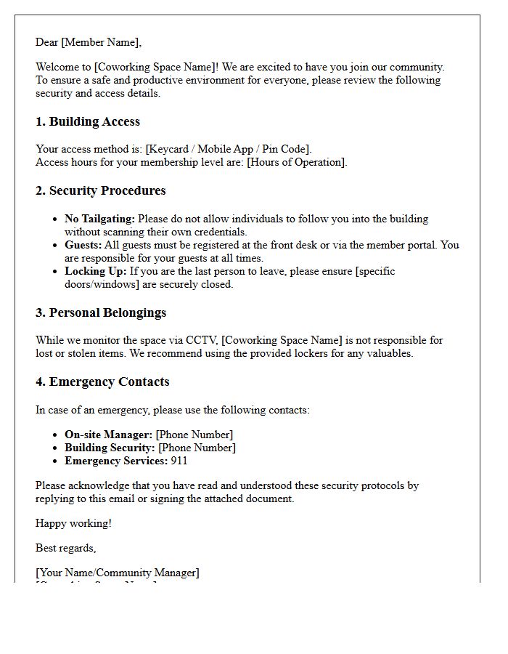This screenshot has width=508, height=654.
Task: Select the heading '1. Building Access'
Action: pos(88,121)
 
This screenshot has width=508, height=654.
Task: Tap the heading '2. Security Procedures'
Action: pos(101,190)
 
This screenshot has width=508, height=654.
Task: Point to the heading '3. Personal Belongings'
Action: pos(101,312)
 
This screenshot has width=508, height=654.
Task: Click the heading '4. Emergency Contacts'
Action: pos(102,381)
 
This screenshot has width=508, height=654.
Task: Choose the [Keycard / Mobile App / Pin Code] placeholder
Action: pos(228,149)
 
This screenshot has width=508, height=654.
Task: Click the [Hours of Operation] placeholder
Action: pos(296,162)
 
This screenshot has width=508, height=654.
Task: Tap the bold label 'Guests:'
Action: pos(83,245)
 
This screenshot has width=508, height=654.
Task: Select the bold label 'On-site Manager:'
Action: pos(108,435)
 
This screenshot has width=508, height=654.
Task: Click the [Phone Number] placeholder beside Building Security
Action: pos(197,448)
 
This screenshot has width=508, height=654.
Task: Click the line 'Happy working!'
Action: pos(73,523)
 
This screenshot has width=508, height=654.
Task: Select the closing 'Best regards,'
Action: pos(66,548)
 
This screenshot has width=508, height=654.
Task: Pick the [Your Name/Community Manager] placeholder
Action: pos(118,573)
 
